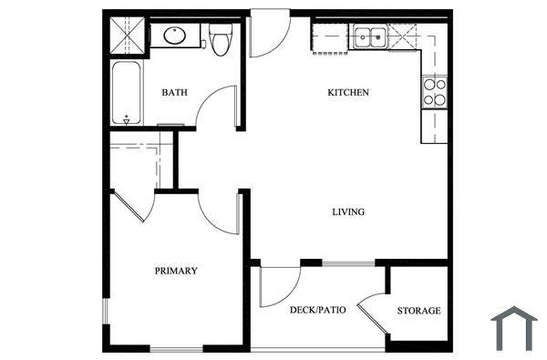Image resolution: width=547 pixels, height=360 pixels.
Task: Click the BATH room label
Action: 175,92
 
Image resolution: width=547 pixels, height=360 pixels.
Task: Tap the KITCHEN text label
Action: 348,92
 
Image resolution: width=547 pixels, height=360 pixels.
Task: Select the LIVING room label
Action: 348,211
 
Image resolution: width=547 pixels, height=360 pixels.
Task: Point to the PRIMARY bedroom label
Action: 176,271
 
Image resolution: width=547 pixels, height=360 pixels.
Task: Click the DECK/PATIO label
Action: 317,311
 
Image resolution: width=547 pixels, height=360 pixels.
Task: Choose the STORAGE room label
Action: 418,311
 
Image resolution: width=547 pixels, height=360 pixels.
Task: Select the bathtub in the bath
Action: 124,92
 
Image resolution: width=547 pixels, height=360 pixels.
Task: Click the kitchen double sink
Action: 369,37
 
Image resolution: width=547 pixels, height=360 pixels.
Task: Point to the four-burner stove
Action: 435,90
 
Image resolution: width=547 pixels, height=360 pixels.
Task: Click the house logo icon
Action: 514,328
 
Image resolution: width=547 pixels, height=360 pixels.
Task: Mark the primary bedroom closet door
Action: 134,205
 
